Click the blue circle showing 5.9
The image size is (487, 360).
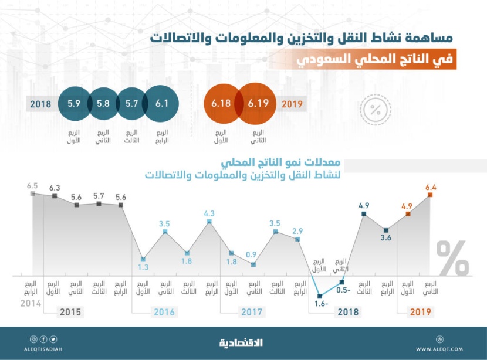pos(73,104)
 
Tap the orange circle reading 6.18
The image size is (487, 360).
pos(221,104)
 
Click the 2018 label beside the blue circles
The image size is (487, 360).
pos(39,104)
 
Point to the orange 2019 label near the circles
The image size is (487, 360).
pos(292,104)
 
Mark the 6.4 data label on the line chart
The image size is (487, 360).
pos(431,188)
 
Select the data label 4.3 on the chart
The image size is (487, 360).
pos(209,214)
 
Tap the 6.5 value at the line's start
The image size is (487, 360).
pos(32,185)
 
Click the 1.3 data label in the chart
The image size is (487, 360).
pos(143,268)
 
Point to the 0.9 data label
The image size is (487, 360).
pos(253,254)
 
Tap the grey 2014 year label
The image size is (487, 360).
pos(31,303)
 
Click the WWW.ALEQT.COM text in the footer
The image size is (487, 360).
pos(440,349)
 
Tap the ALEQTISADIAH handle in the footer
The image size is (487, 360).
pos(44,349)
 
